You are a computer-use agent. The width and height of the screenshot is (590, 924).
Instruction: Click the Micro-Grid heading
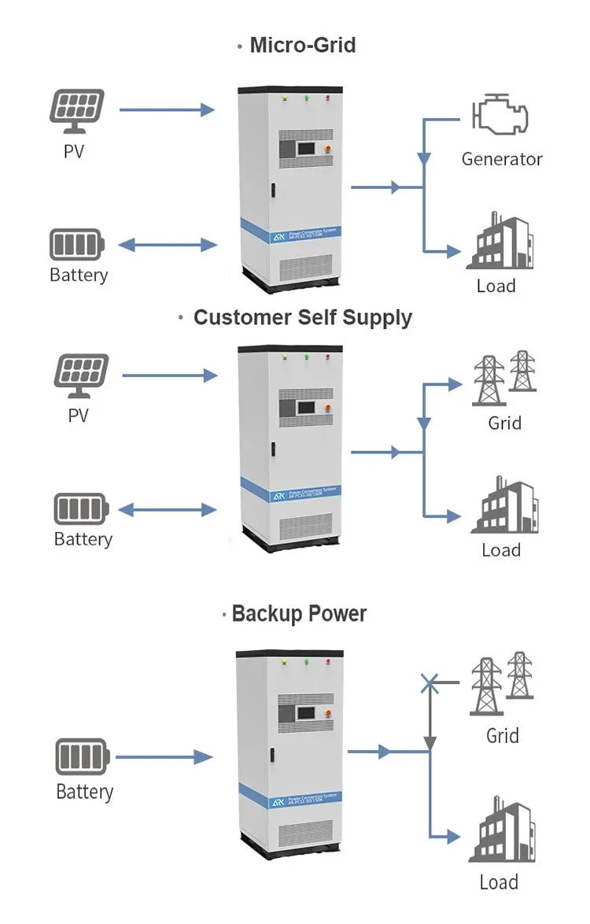302,46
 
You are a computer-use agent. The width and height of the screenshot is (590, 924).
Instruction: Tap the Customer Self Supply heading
302,317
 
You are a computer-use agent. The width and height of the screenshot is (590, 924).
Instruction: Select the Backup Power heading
299,614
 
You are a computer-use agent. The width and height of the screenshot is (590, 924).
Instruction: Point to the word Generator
502,159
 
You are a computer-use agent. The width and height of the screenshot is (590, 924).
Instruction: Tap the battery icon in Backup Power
82,757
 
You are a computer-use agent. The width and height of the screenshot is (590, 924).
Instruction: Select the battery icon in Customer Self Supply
82,508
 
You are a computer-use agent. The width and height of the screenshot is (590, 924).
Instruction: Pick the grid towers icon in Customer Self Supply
504,379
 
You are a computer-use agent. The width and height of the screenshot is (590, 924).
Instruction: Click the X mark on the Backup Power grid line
430,682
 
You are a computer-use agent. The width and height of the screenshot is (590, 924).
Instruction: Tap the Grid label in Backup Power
502,736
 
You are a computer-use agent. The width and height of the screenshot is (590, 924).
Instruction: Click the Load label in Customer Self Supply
501,549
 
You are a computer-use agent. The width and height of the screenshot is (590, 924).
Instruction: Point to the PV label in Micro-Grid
74,150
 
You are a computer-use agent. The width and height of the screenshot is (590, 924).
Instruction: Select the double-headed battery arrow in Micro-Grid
168,246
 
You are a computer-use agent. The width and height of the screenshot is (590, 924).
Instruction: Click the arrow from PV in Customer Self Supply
169,376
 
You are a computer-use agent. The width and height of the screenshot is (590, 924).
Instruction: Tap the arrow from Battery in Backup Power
164,757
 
